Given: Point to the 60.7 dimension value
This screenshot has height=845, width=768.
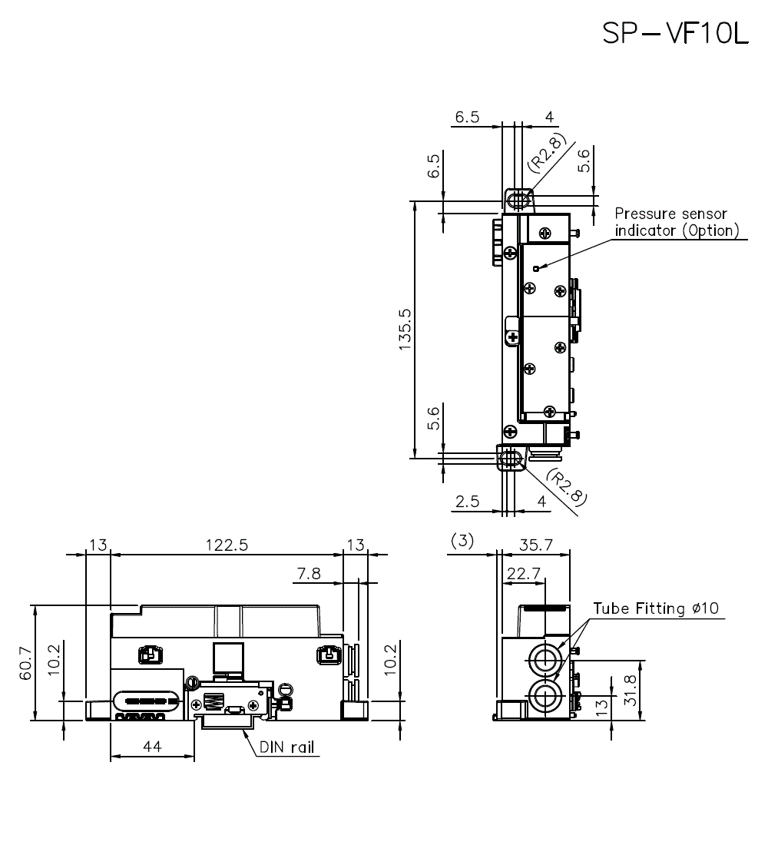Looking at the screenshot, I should click(25, 662).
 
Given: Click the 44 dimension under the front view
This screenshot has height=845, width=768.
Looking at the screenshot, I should click(151, 744).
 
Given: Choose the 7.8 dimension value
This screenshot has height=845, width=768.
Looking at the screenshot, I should click(309, 573).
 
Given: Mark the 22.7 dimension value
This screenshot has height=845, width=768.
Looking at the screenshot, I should click(522, 573).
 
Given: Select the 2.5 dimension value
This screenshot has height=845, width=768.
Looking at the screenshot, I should click(467, 502).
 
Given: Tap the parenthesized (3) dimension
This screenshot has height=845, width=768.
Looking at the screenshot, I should click(462, 542).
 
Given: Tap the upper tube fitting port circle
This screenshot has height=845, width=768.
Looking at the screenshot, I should click(546, 658).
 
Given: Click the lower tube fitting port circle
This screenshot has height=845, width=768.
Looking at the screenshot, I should click(546, 697).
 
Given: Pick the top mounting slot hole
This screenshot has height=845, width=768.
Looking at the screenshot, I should click(518, 201).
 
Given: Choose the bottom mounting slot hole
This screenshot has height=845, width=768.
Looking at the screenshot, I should click(510, 459).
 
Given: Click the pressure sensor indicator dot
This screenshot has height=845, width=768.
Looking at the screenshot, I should click(535, 268).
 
